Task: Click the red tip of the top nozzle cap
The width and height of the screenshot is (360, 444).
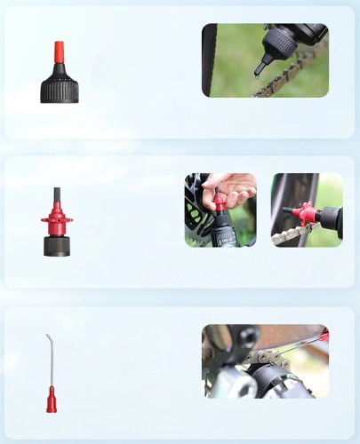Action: (59, 52)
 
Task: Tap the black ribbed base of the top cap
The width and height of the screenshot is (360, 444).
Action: (59, 90)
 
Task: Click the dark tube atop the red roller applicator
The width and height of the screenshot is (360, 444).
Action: (57, 200)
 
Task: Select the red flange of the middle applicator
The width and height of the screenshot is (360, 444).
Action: (57, 219)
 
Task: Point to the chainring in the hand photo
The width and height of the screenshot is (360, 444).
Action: (197, 222)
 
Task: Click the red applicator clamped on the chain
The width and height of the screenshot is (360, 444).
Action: (306, 214)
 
